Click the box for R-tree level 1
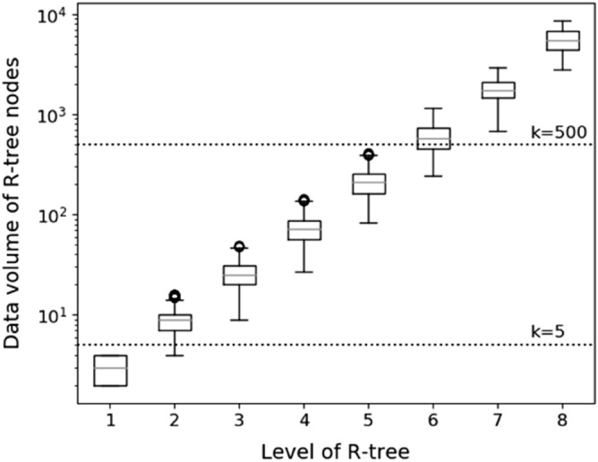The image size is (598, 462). point(110,370)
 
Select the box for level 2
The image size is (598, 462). point(175,322)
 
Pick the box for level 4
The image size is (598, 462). point(303,230)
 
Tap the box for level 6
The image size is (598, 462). point(433,138)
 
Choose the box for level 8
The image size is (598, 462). point(562,41)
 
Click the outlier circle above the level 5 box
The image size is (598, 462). point(368,155)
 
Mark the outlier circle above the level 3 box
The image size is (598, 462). point(239,247)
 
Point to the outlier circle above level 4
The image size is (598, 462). point(303,201)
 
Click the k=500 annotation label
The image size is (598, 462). point(557,132)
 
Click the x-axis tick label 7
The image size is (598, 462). point(498,418)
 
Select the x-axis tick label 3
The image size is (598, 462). point(239,418)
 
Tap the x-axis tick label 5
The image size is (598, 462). point(368,418)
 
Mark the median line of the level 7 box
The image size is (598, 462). point(498,90)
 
